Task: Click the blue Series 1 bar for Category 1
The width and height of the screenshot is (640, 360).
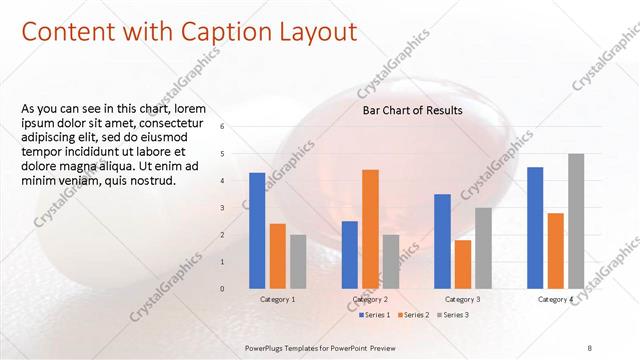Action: coord(257,230)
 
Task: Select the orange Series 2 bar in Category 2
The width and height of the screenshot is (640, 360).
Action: coord(370,228)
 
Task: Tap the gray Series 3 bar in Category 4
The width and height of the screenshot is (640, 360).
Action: coord(576,221)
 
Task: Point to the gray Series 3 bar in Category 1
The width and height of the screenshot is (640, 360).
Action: coord(298,261)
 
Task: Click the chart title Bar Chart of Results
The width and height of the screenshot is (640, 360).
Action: coord(412,110)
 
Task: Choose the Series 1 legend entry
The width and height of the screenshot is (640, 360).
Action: coord(376,315)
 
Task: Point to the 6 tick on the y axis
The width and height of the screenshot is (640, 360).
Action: coord(222,126)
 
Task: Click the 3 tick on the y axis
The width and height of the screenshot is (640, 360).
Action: coord(222,207)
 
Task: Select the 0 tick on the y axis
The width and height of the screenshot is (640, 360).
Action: coord(222,288)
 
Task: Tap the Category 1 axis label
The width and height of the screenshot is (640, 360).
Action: coord(277,299)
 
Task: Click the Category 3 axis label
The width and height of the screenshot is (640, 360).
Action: coord(462,299)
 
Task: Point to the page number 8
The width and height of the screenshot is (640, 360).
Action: coord(590,346)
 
